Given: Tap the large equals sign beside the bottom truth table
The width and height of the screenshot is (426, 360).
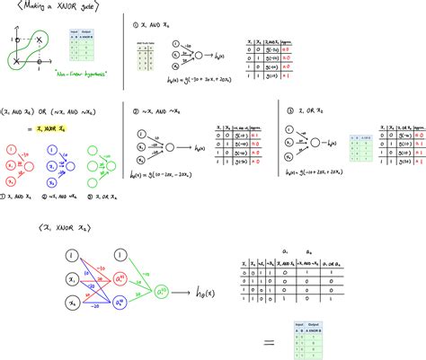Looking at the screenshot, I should [x=268, y=342].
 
